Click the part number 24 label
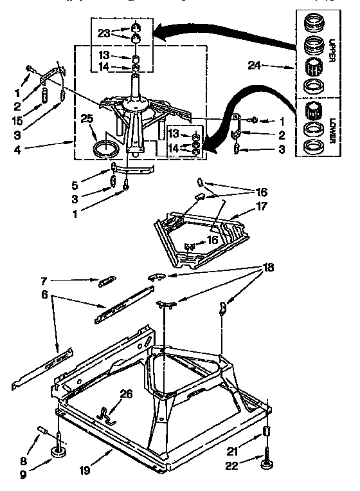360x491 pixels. [x=255, y=65]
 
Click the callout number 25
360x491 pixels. [x=87, y=118]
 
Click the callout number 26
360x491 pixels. [x=125, y=394]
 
